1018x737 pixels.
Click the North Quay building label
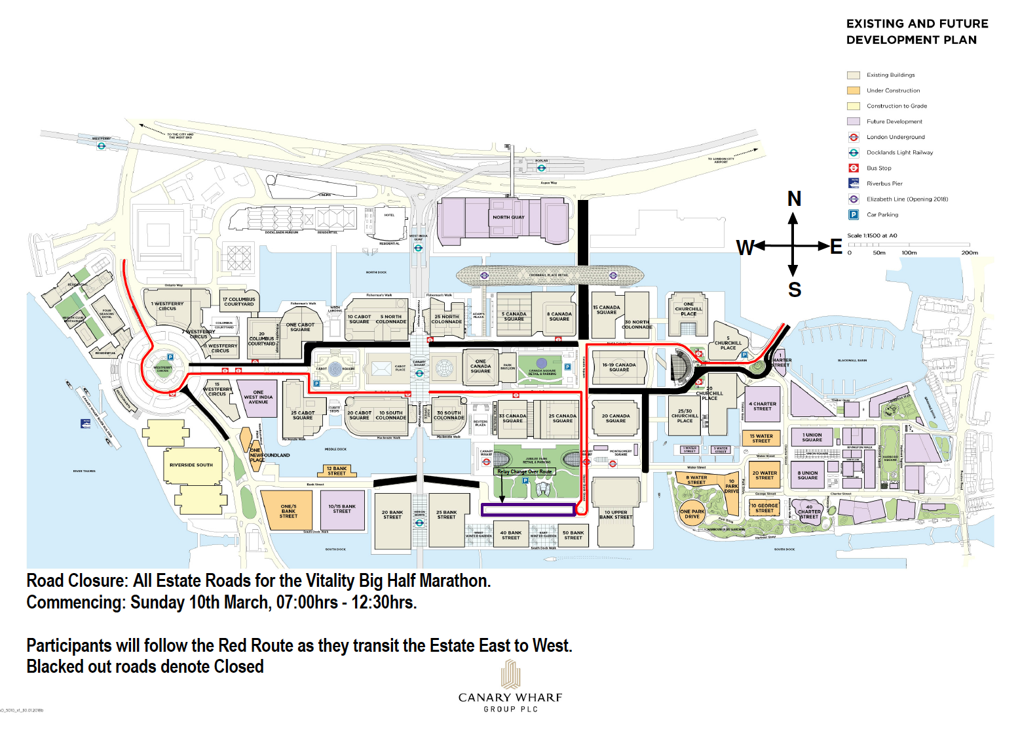click(x=508, y=217)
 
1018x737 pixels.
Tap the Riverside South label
click(x=191, y=465)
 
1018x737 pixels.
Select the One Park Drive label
click(x=692, y=513)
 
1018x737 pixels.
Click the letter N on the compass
click(x=794, y=199)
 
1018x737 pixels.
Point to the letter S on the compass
click(x=795, y=290)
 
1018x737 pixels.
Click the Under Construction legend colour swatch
click(x=853, y=90)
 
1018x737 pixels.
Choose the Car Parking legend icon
click(x=854, y=214)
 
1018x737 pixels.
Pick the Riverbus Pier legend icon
click(x=854, y=184)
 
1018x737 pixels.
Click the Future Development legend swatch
click(x=853, y=121)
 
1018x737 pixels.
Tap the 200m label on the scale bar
click(x=969, y=252)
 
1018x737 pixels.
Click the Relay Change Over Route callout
click(x=525, y=471)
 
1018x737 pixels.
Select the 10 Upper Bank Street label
click(x=616, y=515)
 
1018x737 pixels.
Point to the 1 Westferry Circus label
click(x=168, y=306)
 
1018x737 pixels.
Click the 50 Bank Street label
click(x=573, y=535)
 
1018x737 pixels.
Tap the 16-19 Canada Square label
click(x=619, y=367)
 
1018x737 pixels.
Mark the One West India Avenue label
click(x=258, y=397)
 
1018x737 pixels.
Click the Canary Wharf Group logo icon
click(x=510, y=674)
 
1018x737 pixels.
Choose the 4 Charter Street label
click(x=763, y=407)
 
